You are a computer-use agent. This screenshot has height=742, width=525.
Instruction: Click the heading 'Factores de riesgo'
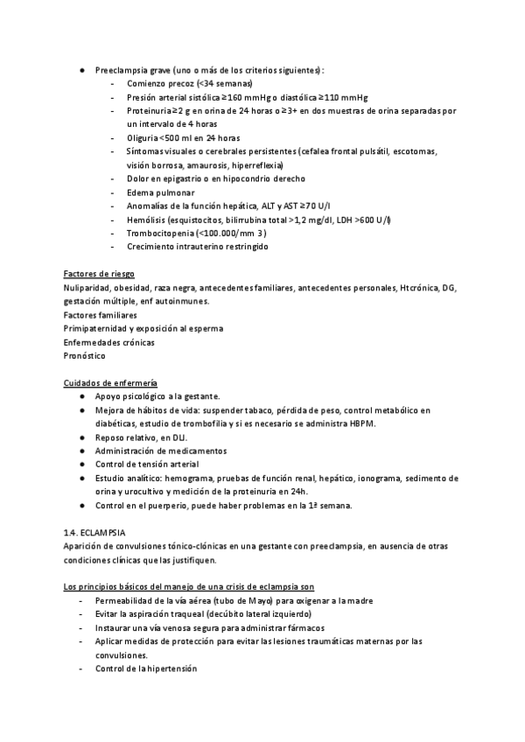[99, 274]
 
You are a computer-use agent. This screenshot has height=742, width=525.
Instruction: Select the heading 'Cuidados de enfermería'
[110, 382]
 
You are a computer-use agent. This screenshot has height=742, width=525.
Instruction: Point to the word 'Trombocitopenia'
[158, 233]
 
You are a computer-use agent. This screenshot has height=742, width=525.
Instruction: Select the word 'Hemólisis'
[147, 220]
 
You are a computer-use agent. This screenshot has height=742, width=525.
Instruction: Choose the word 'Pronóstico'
[85, 356]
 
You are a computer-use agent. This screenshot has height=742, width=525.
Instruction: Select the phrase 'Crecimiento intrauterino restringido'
[198, 247]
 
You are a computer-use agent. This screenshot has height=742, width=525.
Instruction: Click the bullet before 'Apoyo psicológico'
[81, 396]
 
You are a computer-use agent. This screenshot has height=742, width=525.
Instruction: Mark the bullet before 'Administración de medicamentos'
[81, 451]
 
